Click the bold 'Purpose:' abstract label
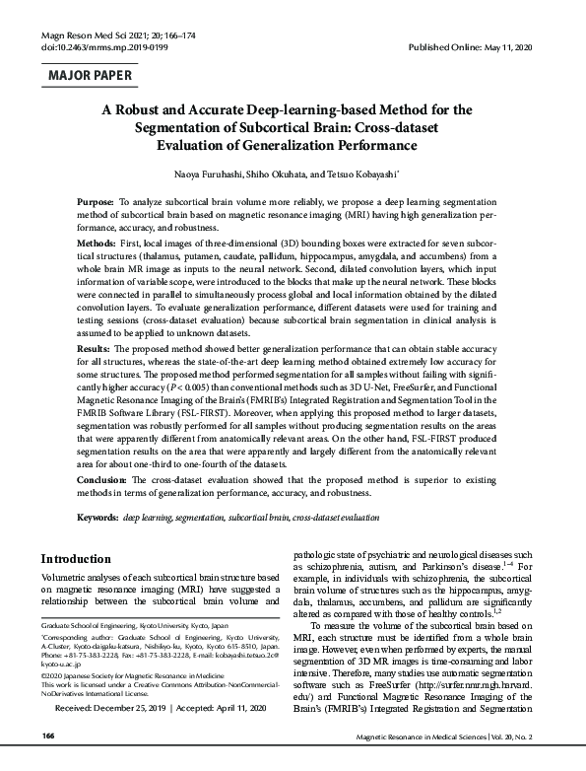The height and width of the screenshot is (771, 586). (96, 201)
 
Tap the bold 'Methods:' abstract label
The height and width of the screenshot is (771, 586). (97, 242)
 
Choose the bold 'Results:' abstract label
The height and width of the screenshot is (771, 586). (95, 349)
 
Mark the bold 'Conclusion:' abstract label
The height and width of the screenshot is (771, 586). (101, 477)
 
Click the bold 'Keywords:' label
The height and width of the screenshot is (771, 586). (98, 516)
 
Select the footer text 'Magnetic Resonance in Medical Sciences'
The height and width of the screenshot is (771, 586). (430, 763)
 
